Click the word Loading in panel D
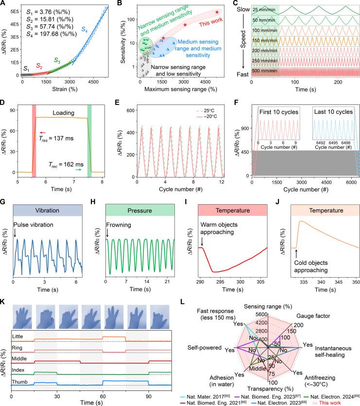[x=60, y=118]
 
